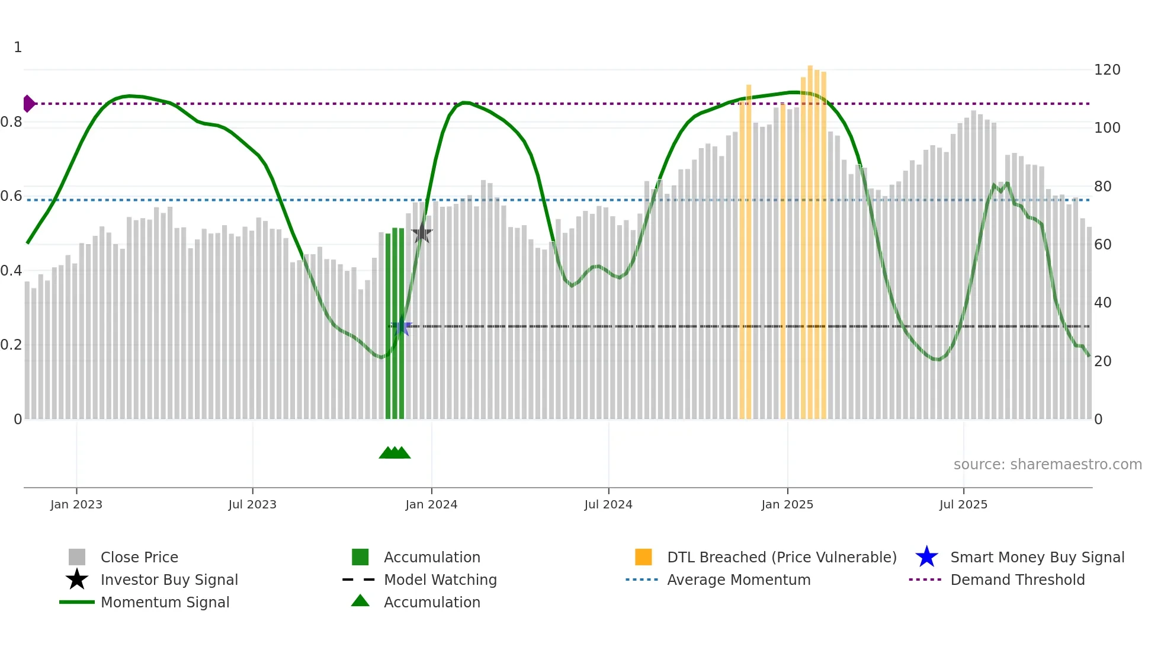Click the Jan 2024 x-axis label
pos(431,504)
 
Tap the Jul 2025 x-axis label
pos(963,504)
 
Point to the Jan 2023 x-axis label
pos(76,504)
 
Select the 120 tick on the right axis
pos(1107,70)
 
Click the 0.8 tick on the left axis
pos(11,122)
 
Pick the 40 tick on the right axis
pos(1102,303)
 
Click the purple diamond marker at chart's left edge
pos(28,104)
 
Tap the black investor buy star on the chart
pos(421,234)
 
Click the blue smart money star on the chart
pos(401,326)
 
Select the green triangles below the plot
pos(395,453)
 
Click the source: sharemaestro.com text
pos(1047,465)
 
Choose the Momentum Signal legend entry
pos(165,602)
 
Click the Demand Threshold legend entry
pos(1017,580)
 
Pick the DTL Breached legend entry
pos(781,557)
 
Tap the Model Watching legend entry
pos(440,580)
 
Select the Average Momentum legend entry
pos(738,580)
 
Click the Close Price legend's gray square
pos(77,557)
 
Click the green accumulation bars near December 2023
pos(395,326)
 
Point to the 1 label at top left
pos(18,47)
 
